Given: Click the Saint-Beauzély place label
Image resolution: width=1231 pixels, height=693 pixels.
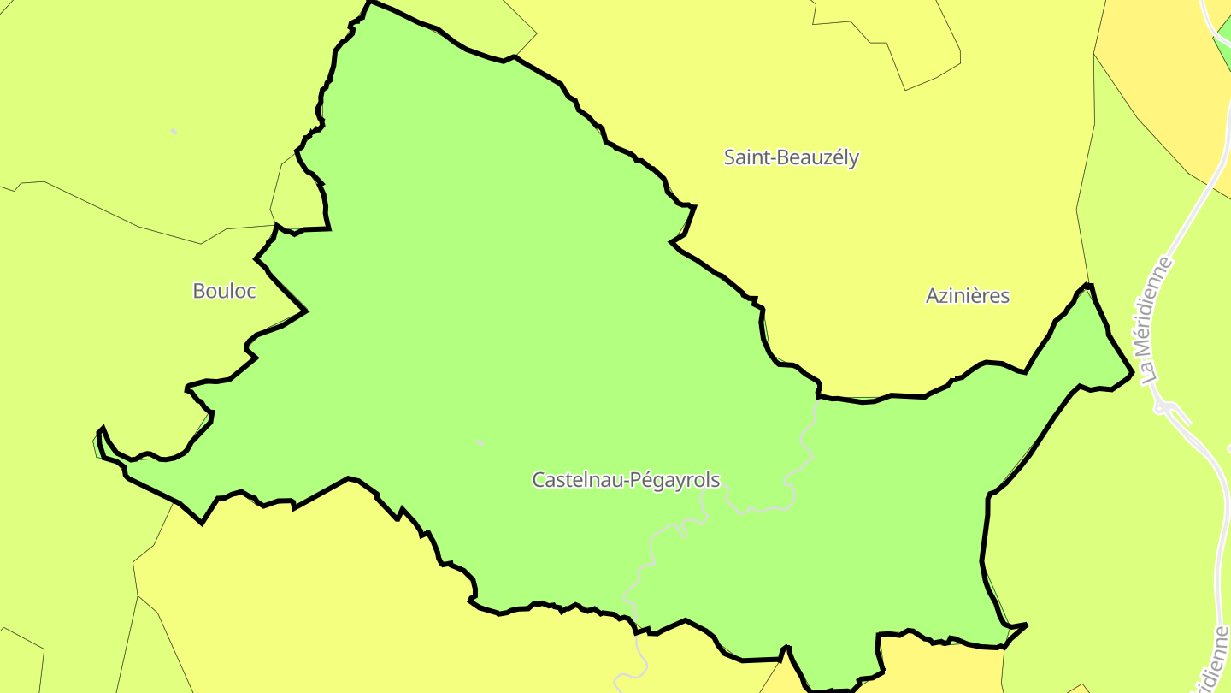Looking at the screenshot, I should click(791, 157).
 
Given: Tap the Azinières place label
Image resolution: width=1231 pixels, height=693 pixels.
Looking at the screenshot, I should click(968, 296).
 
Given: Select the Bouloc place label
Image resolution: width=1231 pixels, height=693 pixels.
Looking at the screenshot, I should click(224, 291).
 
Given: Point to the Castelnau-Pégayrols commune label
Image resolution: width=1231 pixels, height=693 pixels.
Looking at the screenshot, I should click(626, 480).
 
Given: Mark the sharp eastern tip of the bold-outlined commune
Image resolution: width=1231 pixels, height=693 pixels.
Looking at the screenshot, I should click(1132, 372).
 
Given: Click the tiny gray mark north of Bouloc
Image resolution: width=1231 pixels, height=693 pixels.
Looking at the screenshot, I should click(174, 131).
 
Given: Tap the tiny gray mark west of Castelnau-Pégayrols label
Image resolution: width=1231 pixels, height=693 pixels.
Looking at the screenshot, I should click(480, 442).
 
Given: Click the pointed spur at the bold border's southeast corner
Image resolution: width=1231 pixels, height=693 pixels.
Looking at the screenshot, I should click(1025, 625).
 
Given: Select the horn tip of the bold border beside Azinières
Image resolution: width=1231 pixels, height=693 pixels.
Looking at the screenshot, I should click(1088, 286).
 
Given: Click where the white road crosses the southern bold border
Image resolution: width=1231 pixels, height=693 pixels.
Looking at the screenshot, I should click(637, 633).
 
